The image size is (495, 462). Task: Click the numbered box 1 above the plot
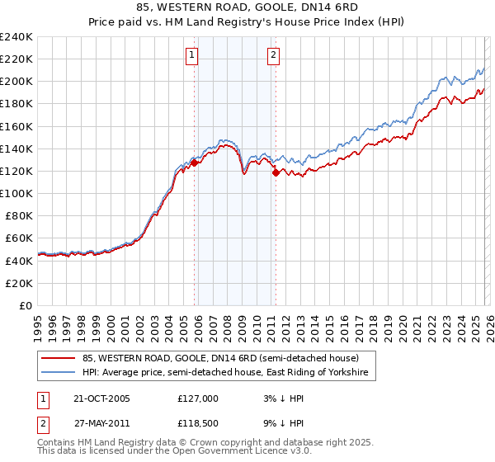[x=191, y=55]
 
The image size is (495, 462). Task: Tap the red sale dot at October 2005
[x=195, y=163]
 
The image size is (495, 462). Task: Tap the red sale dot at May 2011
[x=276, y=172]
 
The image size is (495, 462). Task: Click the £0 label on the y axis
[x=26, y=305]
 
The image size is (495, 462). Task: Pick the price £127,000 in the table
[x=197, y=398]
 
